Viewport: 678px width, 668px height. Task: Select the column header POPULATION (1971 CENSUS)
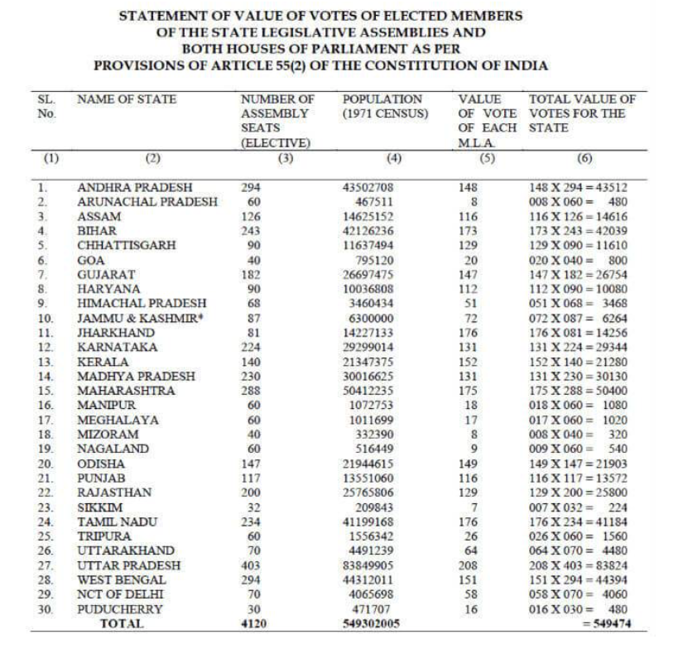pos(382,107)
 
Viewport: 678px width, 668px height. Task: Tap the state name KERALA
pos(103,362)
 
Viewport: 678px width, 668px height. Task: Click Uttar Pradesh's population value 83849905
pos(368,565)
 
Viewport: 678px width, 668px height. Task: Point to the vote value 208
pos(468,565)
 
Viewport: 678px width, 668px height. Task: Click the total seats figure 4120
pos(252,623)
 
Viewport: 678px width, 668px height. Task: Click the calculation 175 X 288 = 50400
pos(578,391)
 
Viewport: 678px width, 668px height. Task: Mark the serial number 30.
pos(46,608)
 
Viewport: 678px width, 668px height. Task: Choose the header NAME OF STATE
pos(127,99)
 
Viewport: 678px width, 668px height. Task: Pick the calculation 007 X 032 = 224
pos(578,507)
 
